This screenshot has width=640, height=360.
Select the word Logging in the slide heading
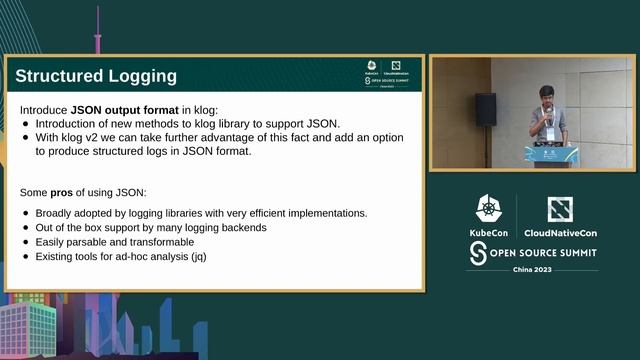point(144,76)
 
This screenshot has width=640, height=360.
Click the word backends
point(241,227)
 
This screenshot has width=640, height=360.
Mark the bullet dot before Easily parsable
point(26,242)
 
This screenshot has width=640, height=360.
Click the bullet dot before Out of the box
point(26,227)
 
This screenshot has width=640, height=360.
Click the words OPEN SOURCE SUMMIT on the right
point(545,254)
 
